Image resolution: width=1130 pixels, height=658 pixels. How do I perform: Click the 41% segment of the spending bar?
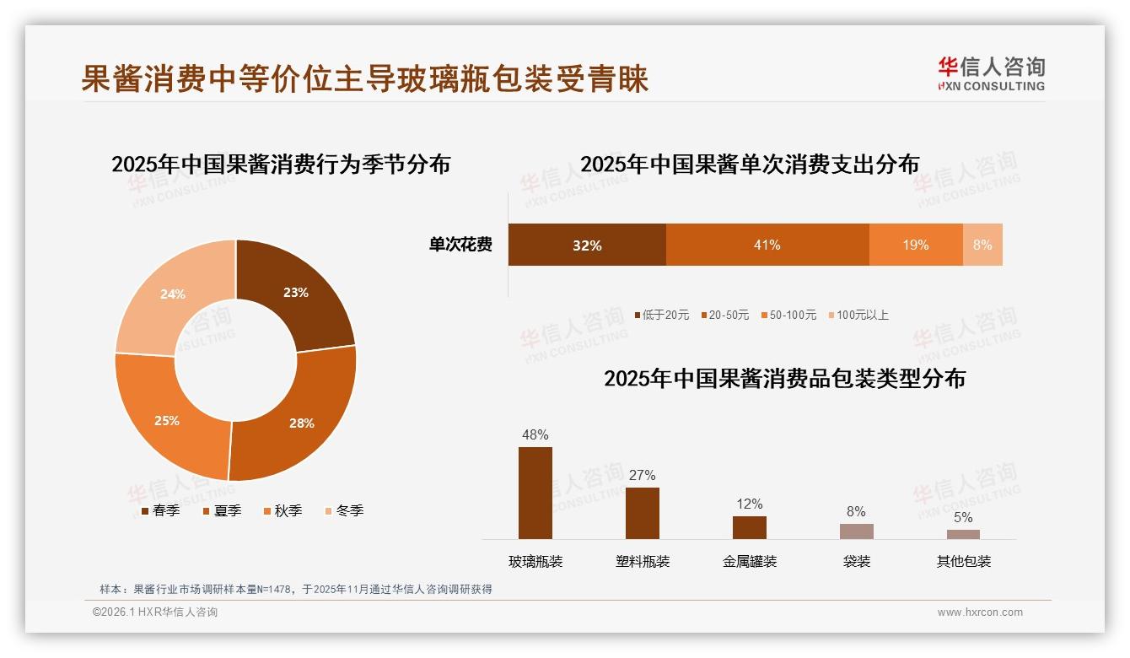(767, 245)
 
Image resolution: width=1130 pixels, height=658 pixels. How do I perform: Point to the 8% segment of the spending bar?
(982, 245)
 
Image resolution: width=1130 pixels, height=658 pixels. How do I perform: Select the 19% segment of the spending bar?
(916, 245)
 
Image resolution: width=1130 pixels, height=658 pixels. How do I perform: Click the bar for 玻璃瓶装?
(535, 493)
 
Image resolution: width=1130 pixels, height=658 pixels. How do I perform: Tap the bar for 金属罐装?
(750, 527)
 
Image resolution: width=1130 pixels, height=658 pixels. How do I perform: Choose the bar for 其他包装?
(963, 534)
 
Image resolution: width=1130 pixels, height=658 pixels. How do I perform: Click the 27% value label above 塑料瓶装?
(642, 476)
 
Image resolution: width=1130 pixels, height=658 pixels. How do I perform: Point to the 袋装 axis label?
(857, 561)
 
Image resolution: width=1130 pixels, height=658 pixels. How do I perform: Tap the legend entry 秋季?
(288, 510)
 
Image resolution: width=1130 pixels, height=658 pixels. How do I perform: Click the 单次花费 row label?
(460, 245)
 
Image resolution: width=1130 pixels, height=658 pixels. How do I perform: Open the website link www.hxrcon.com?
(980, 612)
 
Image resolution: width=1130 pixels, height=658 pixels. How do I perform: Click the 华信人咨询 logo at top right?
(992, 73)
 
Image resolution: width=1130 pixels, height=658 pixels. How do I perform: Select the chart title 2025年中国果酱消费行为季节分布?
(281, 164)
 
